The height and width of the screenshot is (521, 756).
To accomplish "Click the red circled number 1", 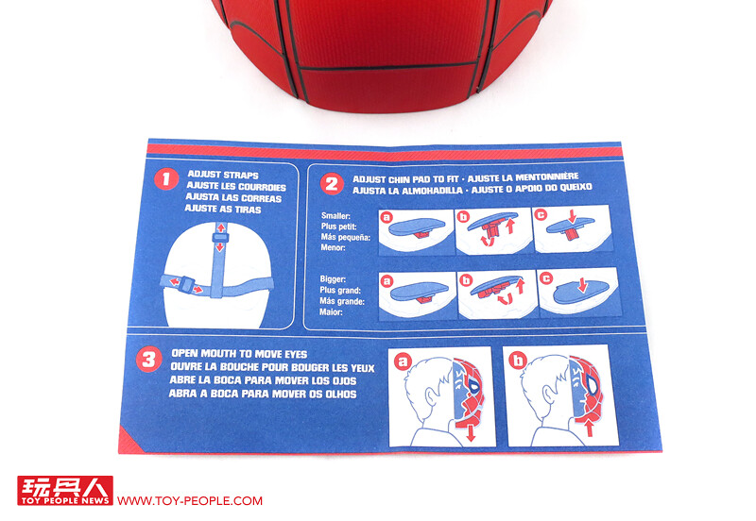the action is [166, 179].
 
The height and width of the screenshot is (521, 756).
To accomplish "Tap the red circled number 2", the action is [332, 184].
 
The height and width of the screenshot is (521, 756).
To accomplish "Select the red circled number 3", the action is [148, 360].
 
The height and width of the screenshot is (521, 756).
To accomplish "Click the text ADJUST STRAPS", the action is [223, 175].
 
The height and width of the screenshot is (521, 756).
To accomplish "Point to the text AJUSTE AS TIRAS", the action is [223, 209].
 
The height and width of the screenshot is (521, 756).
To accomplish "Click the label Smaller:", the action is [335, 216].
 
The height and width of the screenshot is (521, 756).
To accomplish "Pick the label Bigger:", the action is [333, 278].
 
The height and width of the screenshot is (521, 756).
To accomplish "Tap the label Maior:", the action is [331, 312].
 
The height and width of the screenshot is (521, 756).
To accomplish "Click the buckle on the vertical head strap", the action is [220, 238].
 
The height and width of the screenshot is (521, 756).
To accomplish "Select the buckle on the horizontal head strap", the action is [186, 285].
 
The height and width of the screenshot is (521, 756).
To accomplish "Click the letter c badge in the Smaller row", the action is [541, 215].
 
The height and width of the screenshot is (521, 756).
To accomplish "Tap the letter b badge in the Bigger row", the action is [465, 279].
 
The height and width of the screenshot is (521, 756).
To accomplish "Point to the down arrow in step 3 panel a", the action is [471, 433].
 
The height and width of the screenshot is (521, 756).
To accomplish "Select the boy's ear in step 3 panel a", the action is [430, 396].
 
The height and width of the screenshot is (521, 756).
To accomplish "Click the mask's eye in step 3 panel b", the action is [593, 384].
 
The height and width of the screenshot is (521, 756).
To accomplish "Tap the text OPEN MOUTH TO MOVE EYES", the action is [239, 354].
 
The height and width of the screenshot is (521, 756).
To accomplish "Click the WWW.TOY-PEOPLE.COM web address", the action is [190, 501].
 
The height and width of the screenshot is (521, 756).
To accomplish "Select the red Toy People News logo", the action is [65, 490].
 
